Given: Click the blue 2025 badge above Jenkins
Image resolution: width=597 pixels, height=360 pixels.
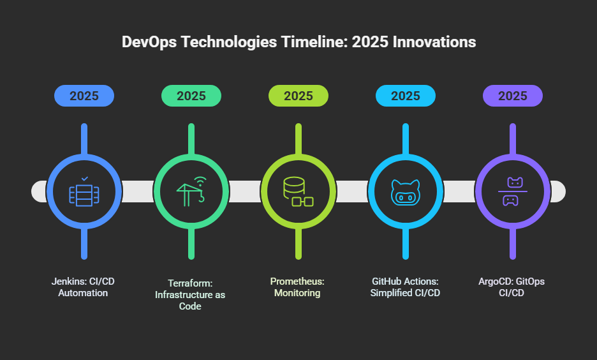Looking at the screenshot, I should point(84,96).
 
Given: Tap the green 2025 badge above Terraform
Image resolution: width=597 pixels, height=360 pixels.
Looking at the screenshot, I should point(191,96).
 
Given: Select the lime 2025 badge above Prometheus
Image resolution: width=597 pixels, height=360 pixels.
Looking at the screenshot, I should point(298,96).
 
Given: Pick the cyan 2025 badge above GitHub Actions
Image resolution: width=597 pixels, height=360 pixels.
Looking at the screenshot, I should point(406,96).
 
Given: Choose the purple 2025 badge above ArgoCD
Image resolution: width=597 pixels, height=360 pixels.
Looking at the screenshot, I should point(513,96).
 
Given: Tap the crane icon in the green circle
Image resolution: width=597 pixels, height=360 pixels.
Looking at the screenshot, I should point(191,191).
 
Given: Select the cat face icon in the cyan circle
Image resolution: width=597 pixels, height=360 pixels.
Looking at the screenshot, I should point(406,191).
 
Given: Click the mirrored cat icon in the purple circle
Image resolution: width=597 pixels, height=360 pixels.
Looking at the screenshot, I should point(513,191).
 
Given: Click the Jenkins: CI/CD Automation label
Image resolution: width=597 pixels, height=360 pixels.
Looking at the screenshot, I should point(84,287).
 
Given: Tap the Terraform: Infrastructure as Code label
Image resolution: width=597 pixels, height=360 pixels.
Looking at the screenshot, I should point(191,294).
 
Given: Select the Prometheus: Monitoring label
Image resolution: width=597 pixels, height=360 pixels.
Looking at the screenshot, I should point(298,287).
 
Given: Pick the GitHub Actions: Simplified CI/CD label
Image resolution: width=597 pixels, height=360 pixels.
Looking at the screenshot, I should point(406,287).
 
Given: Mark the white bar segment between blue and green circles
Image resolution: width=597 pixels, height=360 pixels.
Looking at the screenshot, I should point(138,191).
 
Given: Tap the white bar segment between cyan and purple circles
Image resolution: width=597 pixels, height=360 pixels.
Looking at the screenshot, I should point(459,191).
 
